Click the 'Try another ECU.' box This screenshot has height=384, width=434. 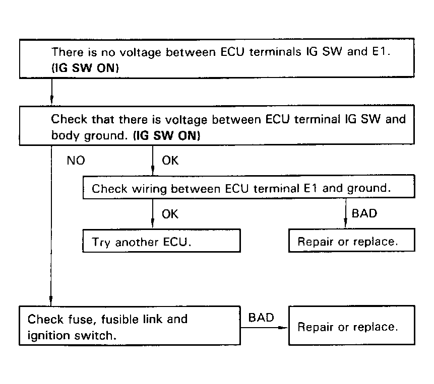162,241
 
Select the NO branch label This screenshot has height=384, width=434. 76,161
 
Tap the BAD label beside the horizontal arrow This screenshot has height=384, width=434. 261,318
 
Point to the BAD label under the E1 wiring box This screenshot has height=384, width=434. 364,213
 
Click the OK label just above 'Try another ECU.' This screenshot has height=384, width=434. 170,214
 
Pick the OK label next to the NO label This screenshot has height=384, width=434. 170,161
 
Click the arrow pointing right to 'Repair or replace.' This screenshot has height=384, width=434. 265,328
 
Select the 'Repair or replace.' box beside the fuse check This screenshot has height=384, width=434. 352,326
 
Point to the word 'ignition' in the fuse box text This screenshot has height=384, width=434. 48,336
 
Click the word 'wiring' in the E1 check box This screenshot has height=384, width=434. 149,189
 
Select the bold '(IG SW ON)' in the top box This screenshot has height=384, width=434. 85,68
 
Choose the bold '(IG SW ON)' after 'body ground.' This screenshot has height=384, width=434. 167,136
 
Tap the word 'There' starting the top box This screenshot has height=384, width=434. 67,52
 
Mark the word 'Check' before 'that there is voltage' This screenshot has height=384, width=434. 69,119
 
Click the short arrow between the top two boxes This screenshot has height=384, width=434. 52,92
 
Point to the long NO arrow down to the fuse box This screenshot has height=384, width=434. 51,225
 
